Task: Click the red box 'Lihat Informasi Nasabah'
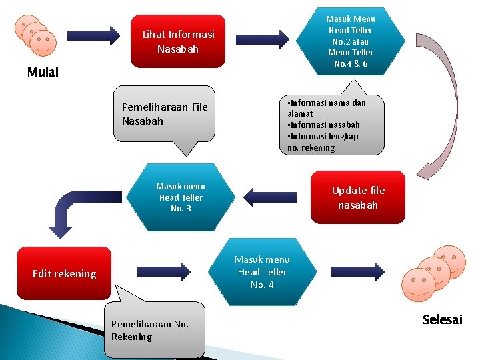pos(178,41)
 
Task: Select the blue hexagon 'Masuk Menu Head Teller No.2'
pos(350,41)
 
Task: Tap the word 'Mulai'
pos(43,72)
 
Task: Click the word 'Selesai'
pos(442,320)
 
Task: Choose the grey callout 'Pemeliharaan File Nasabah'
pos(165,114)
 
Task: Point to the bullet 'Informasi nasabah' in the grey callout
pos(323,125)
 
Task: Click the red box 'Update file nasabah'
pos(358,198)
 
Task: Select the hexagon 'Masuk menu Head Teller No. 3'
pos(180,197)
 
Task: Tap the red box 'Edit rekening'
pos(64,273)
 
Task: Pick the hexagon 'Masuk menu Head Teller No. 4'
pos(262,271)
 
